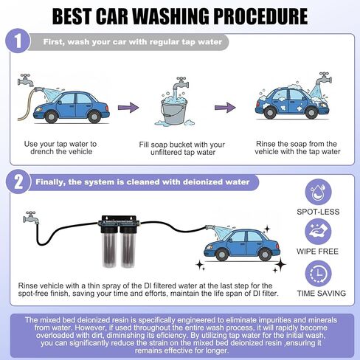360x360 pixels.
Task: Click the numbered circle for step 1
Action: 18,41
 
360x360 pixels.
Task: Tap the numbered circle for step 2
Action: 18,181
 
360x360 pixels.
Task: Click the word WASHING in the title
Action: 170,16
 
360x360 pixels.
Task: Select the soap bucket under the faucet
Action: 174,111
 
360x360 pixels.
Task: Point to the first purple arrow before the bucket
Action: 128,108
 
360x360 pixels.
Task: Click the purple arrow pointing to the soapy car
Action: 225,108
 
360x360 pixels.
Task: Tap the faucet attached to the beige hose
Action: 26,80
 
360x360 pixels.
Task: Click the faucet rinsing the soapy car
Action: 324,78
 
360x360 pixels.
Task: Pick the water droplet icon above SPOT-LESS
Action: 318,192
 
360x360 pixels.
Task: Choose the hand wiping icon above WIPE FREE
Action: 318,232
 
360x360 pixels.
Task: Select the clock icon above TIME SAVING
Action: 318,274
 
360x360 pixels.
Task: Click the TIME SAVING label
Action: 321,293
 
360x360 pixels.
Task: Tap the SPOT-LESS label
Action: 318,212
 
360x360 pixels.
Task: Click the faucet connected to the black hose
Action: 30,218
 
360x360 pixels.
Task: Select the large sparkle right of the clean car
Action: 280,264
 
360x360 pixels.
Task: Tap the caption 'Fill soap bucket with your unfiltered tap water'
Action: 182,148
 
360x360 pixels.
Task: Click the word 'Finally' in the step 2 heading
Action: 50,182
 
